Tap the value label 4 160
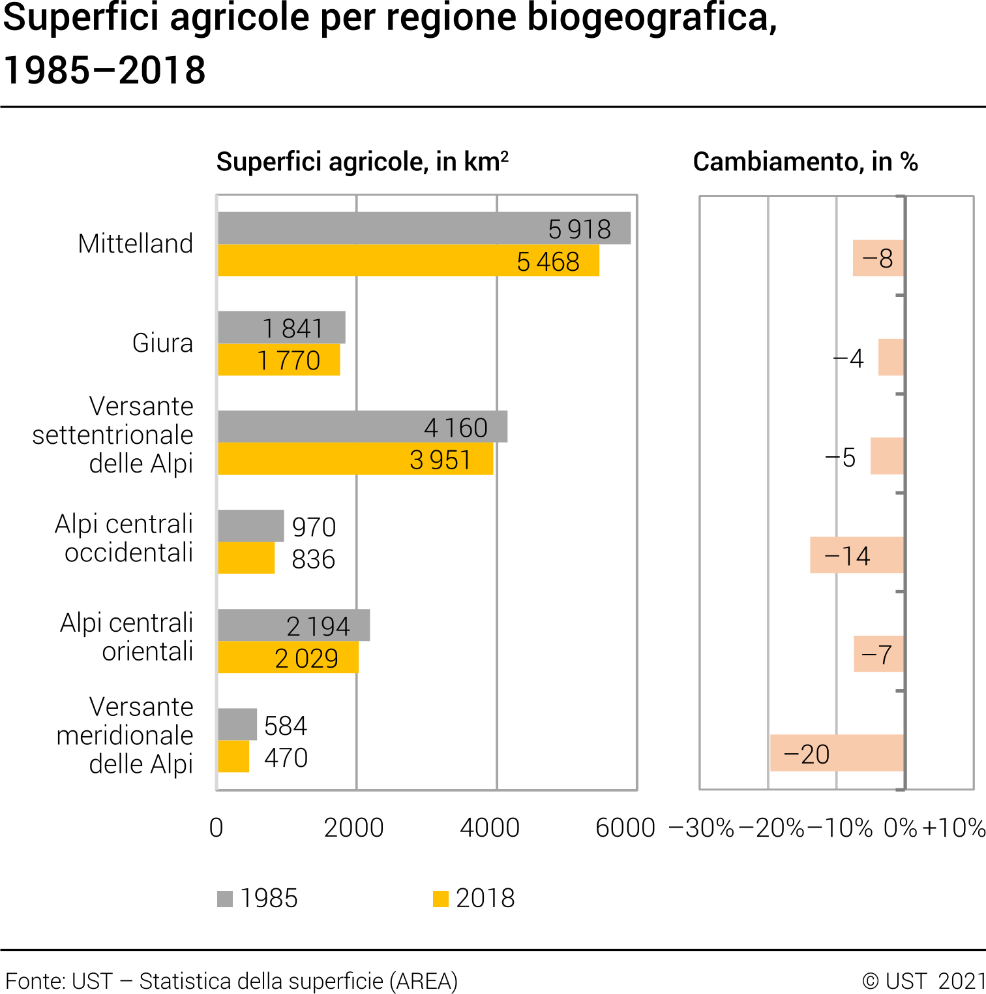[x=456, y=428]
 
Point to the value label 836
[x=313, y=559]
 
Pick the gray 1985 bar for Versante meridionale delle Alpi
[x=237, y=724]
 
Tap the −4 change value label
[x=848, y=358]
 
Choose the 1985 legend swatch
[x=225, y=899]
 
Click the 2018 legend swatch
[x=441, y=899]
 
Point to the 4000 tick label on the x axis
[x=490, y=828]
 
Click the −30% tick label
[x=702, y=828]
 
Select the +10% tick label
[x=954, y=828]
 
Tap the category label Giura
[x=162, y=343]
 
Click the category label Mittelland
[x=135, y=243]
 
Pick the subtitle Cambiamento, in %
[x=805, y=162]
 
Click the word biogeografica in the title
[x=652, y=18]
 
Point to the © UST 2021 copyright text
[x=923, y=981]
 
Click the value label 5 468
[x=548, y=262]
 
